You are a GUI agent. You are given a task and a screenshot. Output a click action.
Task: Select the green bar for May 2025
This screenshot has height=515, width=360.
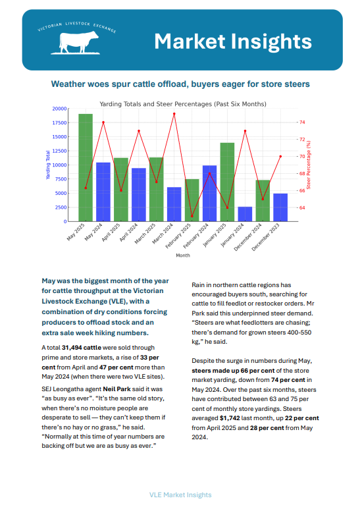click(x=86, y=167)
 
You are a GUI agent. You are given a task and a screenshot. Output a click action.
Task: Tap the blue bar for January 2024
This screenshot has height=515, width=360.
click(x=245, y=214)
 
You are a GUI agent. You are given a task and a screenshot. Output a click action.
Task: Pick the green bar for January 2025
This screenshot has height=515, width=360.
click(x=228, y=182)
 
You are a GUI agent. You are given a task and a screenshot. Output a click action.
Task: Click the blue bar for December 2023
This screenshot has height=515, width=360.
click(x=280, y=207)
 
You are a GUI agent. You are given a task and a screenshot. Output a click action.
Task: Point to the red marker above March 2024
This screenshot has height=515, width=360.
click(x=174, y=114)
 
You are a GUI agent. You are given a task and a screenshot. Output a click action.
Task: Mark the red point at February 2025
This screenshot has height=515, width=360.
click(x=192, y=216)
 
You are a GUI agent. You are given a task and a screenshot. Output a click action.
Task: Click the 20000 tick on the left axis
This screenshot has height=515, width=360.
click(x=59, y=109)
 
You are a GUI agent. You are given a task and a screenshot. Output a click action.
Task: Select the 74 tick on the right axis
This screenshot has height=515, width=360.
click(x=302, y=122)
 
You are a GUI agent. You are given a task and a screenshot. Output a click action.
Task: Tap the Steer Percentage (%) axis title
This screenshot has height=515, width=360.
click(x=309, y=165)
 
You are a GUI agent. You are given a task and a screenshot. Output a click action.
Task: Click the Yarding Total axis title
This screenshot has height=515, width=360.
click(x=48, y=165)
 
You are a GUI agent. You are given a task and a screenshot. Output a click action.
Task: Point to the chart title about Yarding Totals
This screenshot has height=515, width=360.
click(x=183, y=104)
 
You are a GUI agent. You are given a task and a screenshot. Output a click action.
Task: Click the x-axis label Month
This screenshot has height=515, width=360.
click(x=183, y=256)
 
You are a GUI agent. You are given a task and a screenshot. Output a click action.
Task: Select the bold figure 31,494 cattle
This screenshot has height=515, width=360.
click(x=82, y=348)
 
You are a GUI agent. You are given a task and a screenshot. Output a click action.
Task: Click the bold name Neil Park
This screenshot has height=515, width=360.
click(x=117, y=389)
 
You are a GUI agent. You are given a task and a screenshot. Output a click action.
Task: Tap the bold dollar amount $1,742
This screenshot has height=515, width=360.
click(x=230, y=418)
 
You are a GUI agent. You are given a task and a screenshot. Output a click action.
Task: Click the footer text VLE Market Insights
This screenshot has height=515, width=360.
click(x=180, y=495)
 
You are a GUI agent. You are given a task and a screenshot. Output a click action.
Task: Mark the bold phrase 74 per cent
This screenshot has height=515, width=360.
click(x=288, y=380)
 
